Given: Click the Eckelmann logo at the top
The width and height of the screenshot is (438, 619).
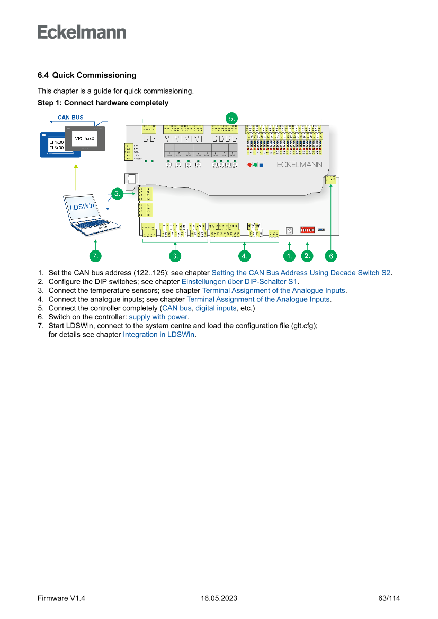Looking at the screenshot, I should click(x=82, y=32).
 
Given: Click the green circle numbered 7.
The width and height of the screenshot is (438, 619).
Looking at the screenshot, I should click(x=95, y=256).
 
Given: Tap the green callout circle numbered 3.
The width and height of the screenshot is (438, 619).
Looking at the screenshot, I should click(x=175, y=256).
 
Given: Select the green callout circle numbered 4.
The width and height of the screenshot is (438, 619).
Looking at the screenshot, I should click(x=244, y=256).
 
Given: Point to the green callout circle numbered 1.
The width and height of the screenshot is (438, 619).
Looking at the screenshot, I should click(x=289, y=256).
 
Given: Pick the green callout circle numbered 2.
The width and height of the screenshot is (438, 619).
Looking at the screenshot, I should click(x=307, y=256).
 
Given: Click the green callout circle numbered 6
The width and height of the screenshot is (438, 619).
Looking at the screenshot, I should click(x=330, y=256).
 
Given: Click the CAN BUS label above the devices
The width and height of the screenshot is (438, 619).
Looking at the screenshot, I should click(x=70, y=118).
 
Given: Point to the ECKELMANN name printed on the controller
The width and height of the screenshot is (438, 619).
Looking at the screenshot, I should click(x=299, y=165).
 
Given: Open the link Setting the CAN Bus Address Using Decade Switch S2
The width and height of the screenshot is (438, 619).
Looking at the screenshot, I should click(x=301, y=273).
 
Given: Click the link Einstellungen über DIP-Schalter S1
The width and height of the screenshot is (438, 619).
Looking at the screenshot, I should click(x=240, y=282).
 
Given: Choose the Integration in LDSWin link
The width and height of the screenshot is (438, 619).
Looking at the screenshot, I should click(x=159, y=335).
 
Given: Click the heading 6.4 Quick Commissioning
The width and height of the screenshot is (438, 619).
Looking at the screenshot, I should click(x=87, y=75).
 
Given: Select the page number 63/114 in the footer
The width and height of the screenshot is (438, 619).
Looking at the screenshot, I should click(x=389, y=598).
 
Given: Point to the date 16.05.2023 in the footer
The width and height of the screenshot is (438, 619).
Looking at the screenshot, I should click(x=219, y=598).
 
